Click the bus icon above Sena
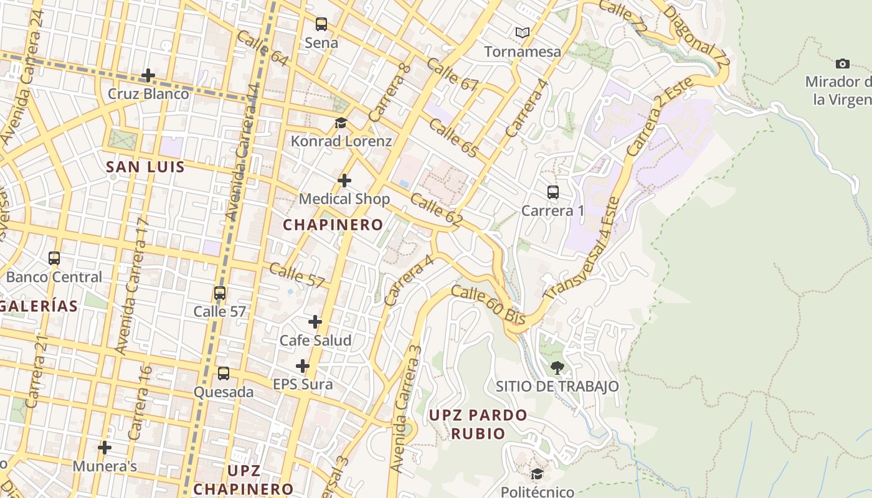(321, 24)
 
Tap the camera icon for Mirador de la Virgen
(842, 63)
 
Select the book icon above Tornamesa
(523, 32)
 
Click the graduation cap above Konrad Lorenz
(341, 123)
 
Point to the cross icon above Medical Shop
(344, 181)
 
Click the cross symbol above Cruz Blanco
(148, 75)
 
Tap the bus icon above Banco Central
(54, 258)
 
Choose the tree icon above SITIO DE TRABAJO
(557, 367)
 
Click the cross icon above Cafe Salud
(315, 322)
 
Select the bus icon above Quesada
(223, 374)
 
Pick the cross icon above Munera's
(105, 447)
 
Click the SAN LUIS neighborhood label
(145, 167)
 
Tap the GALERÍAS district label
(39, 306)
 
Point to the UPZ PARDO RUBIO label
(478, 424)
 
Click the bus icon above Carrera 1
(552, 192)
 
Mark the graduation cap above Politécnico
(537, 474)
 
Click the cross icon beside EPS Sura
(303, 366)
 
